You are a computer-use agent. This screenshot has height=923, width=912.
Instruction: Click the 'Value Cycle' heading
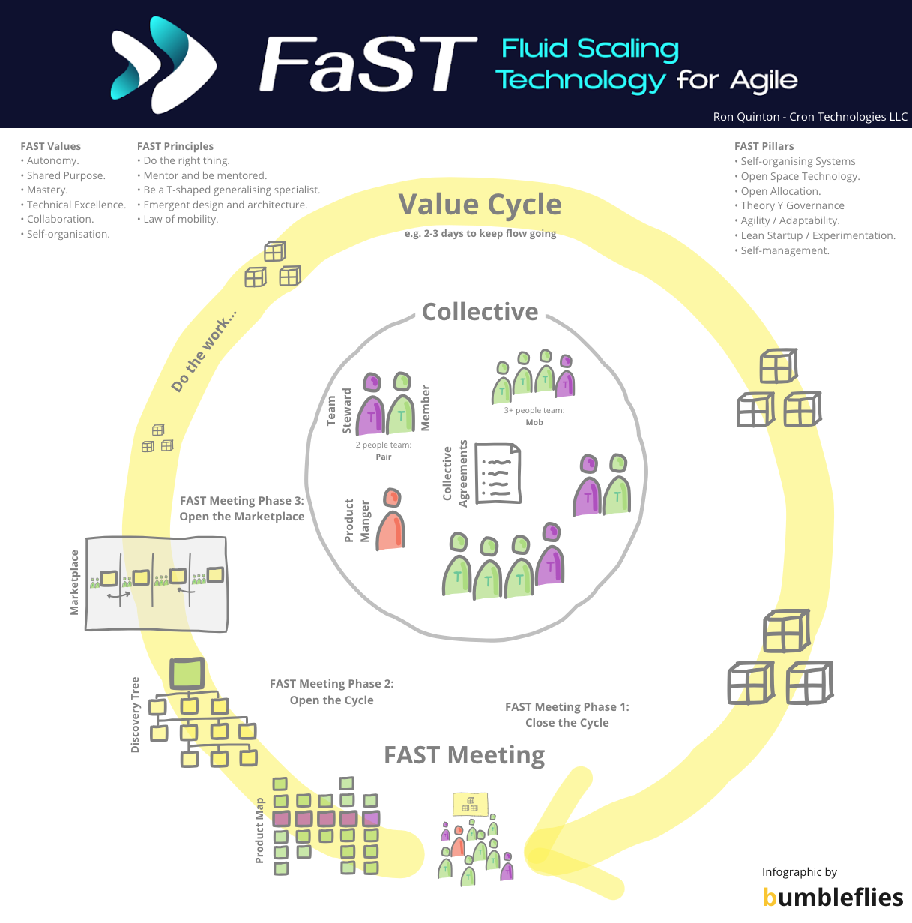click(480, 205)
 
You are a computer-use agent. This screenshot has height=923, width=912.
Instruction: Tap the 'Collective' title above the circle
click(480, 312)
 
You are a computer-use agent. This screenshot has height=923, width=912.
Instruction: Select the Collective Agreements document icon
click(498, 473)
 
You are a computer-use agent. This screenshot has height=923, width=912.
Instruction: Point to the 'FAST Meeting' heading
click(464, 754)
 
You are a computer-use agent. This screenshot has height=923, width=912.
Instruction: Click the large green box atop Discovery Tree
click(187, 673)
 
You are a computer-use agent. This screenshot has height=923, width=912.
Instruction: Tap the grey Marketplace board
click(156, 584)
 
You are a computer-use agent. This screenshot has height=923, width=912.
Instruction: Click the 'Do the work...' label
click(202, 351)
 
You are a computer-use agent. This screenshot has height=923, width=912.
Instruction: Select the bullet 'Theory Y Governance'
click(792, 205)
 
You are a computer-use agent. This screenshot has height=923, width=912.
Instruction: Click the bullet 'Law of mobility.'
click(181, 219)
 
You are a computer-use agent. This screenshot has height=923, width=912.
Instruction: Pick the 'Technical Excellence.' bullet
click(76, 205)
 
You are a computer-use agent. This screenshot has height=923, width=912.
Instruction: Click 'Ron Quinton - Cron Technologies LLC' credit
click(810, 117)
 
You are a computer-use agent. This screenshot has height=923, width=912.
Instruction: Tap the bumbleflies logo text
click(833, 897)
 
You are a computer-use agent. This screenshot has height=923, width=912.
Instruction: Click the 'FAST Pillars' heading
click(764, 146)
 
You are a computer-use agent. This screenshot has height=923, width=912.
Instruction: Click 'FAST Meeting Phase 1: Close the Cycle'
click(567, 715)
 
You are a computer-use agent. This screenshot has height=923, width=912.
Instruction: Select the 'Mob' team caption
click(534, 422)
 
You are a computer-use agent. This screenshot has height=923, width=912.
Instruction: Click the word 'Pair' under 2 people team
click(384, 457)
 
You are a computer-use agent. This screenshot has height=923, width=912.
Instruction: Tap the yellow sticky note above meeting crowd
click(471, 805)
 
